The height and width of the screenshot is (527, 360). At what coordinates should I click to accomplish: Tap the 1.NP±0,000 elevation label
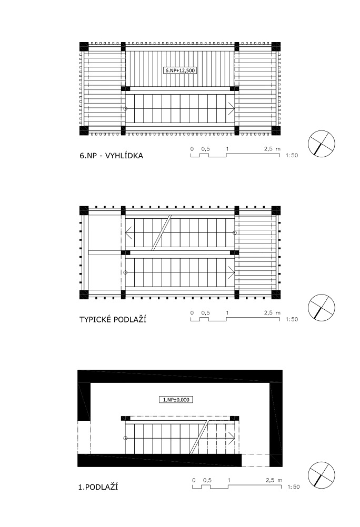[176, 400]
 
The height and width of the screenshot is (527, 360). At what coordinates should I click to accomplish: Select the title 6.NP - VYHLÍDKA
[112, 156]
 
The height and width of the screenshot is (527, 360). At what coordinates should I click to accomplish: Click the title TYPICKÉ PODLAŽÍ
[113, 319]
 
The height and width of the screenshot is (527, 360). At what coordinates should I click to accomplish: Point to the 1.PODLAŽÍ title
[98, 487]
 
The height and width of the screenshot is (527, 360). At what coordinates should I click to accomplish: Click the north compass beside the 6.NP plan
[321, 144]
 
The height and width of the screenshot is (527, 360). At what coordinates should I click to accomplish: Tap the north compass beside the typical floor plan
[321, 308]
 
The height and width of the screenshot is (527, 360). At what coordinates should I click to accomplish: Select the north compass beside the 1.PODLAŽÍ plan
[321, 474]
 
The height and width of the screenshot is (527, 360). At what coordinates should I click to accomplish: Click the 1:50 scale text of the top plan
[292, 156]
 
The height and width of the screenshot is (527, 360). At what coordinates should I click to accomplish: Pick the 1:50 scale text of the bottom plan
[294, 487]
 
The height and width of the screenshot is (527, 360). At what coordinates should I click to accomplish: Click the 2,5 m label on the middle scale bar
[272, 312]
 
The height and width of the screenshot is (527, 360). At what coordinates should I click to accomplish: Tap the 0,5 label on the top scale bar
[206, 149]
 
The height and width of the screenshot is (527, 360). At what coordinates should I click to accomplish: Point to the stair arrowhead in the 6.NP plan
[232, 108]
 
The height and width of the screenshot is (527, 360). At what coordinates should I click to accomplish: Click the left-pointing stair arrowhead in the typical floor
[128, 232]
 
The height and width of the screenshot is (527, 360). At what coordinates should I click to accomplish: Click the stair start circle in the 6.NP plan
[125, 108]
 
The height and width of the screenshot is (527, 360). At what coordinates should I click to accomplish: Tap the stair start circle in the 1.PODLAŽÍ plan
[125, 438]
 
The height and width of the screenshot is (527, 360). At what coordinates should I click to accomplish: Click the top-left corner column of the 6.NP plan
[84, 46]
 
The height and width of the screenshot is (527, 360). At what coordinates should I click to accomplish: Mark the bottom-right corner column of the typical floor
[276, 295]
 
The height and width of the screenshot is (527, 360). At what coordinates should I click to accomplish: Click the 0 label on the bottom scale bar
[194, 480]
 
